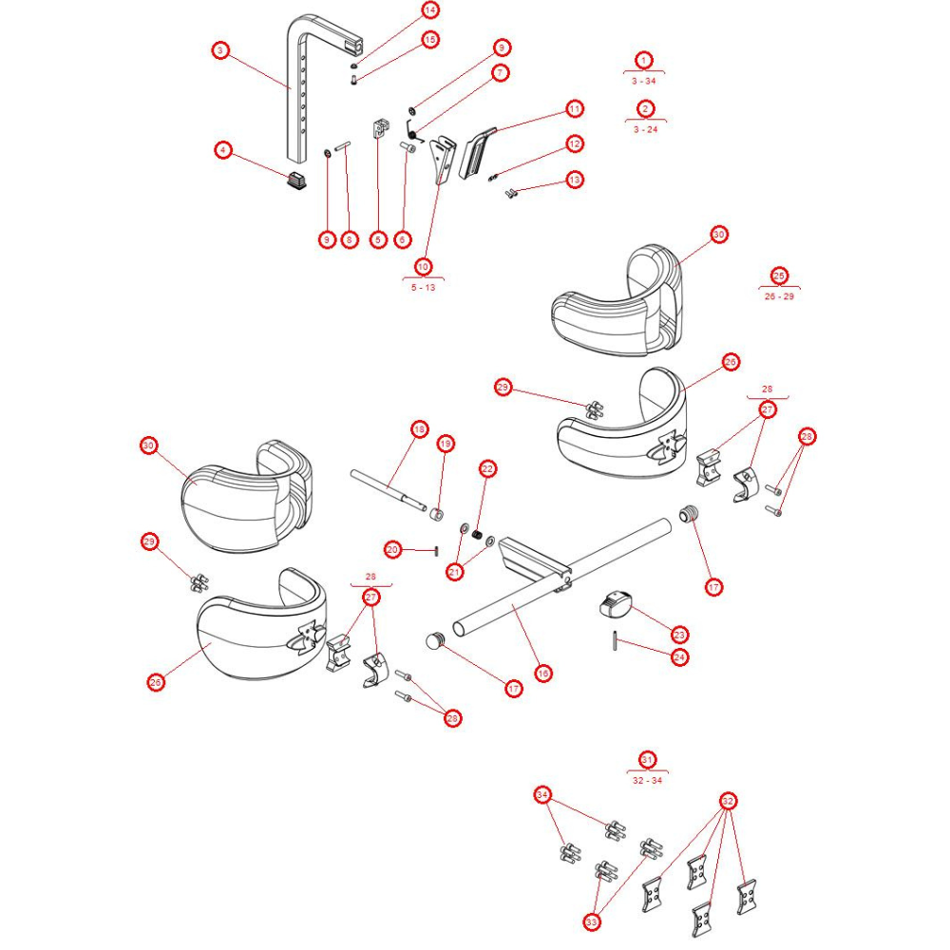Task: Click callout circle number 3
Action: (220, 50)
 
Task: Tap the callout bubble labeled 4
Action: (222, 150)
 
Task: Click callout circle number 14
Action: (430, 10)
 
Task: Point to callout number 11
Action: (574, 108)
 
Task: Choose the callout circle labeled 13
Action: (574, 180)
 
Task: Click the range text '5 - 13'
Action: (423, 287)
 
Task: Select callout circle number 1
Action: (644, 60)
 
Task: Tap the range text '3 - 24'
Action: (645, 128)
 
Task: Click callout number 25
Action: (779, 275)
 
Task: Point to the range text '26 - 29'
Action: (779, 296)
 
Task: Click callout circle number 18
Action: (418, 429)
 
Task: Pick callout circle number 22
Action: (487, 468)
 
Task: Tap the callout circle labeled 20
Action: (393, 549)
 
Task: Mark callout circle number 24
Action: (679, 656)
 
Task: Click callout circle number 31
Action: (647, 760)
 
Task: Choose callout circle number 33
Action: (593, 921)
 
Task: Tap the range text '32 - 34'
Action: (647, 780)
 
